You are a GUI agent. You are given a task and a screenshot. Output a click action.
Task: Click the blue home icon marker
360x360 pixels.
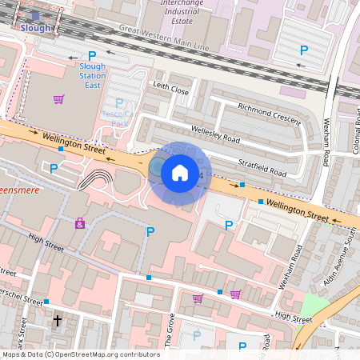[180, 172]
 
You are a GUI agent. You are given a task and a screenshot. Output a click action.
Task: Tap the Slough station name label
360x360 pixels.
[36, 27]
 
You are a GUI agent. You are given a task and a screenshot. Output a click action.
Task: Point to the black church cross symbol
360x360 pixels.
[57, 322]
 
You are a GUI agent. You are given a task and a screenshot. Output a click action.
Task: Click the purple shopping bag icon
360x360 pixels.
[80, 223]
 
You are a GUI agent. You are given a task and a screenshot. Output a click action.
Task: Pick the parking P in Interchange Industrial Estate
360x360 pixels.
[303, 50]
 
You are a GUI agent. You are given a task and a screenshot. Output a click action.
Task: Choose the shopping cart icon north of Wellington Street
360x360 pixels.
[58, 99]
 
